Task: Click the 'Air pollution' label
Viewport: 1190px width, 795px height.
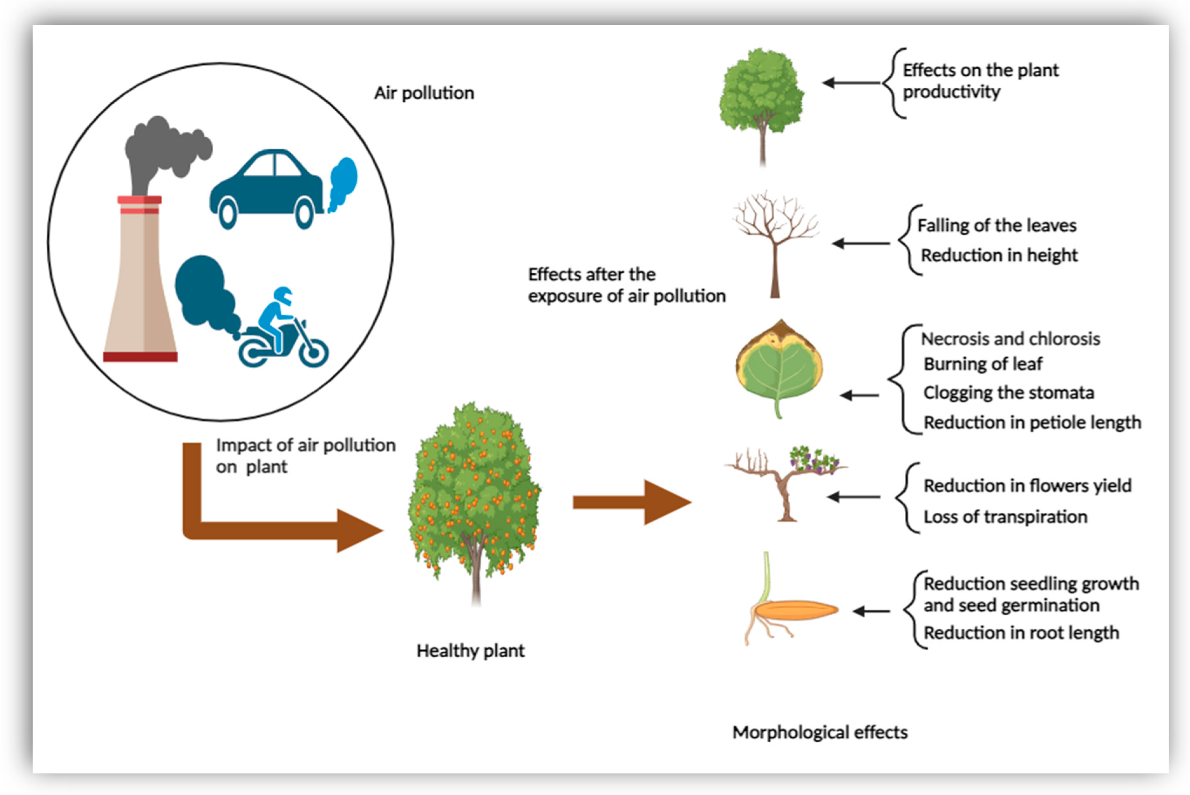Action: pos(424,93)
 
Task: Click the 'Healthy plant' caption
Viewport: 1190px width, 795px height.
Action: pos(470,650)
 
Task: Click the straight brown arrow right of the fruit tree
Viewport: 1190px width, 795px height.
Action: pos(631,502)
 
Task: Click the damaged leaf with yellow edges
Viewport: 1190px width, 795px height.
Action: pos(779,367)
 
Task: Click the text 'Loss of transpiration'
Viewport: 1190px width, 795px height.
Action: pos(1005,517)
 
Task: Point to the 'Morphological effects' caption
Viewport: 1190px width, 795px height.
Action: pos(819,732)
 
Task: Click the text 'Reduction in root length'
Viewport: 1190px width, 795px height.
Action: pos(1021,633)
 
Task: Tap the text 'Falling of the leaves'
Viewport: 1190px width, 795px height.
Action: pos(996,225)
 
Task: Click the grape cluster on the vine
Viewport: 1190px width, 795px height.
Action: pos(813,459)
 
